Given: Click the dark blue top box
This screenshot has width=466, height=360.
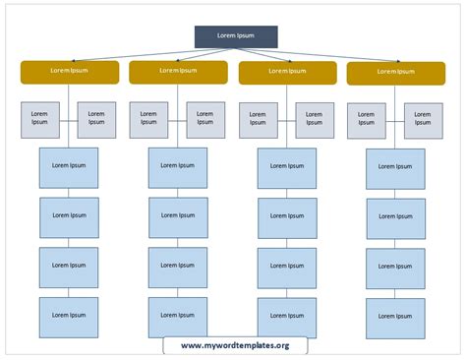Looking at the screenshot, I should coord(235,36).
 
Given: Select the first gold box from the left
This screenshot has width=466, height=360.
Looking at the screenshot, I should coord(69,71).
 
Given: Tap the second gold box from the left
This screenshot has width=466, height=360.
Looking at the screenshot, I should coord(178,71).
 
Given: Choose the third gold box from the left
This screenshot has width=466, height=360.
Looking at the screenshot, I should coord(287,72).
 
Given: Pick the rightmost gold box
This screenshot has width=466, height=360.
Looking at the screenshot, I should coord(395,73).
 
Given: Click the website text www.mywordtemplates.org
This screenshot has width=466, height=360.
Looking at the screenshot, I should coord(235,345).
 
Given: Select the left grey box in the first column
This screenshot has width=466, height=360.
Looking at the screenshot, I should coord(39,118).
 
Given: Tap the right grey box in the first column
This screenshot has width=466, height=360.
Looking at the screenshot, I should coord(96,118).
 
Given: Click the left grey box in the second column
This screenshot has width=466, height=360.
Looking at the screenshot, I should coord(148,118).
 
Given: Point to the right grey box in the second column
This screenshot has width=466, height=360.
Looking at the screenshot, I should coord(205,118).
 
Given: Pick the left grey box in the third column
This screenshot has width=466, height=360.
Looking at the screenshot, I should coord(258,119).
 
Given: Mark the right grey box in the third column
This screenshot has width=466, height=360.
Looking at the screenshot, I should coord(315,119).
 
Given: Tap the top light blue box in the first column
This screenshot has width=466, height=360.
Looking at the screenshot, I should coord(68,167).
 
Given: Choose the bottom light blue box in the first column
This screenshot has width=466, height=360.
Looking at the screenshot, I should coord(68,317).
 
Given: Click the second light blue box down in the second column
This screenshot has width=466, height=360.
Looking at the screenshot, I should coord(178,217).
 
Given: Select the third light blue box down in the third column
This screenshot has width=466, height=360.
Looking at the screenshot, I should coord(287,268).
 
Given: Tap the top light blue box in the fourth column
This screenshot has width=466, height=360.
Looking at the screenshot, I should coord(395,169).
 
